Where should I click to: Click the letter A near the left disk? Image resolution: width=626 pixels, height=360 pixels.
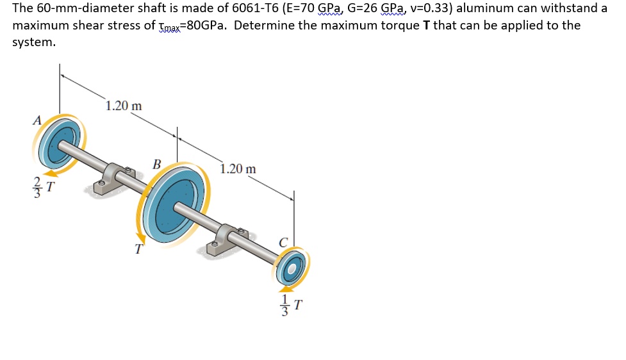point(38,120)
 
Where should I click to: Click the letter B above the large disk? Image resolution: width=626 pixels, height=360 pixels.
point(157,163)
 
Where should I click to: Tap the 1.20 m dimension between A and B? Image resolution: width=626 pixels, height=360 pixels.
point(124,106)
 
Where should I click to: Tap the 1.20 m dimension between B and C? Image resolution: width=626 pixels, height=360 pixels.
point(238,169)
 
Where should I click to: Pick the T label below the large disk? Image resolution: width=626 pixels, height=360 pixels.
point(136,250)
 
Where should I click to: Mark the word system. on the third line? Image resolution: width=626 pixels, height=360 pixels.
point(34,42)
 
